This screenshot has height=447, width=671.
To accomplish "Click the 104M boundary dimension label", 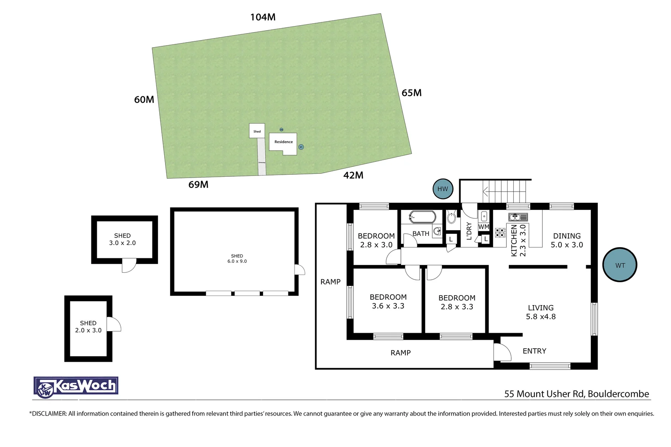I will (263, 17).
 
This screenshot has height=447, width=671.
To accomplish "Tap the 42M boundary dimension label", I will (353, 175).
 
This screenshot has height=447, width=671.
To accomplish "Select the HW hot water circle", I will (443, 189).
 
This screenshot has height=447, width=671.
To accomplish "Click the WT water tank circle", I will (620, 265).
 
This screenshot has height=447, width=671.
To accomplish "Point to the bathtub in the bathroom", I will (422, 217).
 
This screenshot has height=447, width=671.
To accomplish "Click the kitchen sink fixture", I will (518, 217).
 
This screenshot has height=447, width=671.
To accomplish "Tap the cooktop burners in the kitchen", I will (500, 233).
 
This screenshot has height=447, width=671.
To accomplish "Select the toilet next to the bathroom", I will (452, 217).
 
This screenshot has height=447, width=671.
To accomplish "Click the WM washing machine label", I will (484, 227).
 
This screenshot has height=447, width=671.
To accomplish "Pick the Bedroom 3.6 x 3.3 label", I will (388, 301).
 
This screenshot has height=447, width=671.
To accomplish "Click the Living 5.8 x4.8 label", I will (541, 312).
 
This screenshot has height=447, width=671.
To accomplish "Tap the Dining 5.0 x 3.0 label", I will (567, 240).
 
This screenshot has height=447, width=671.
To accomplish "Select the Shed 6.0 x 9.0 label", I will (237, 259).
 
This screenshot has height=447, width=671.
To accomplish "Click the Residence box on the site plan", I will (283, 142).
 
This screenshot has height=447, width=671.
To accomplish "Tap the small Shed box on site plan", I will (257, 131).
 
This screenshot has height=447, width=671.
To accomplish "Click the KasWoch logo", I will (76, 387).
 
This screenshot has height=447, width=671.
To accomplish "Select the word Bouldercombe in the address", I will (618, 394).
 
